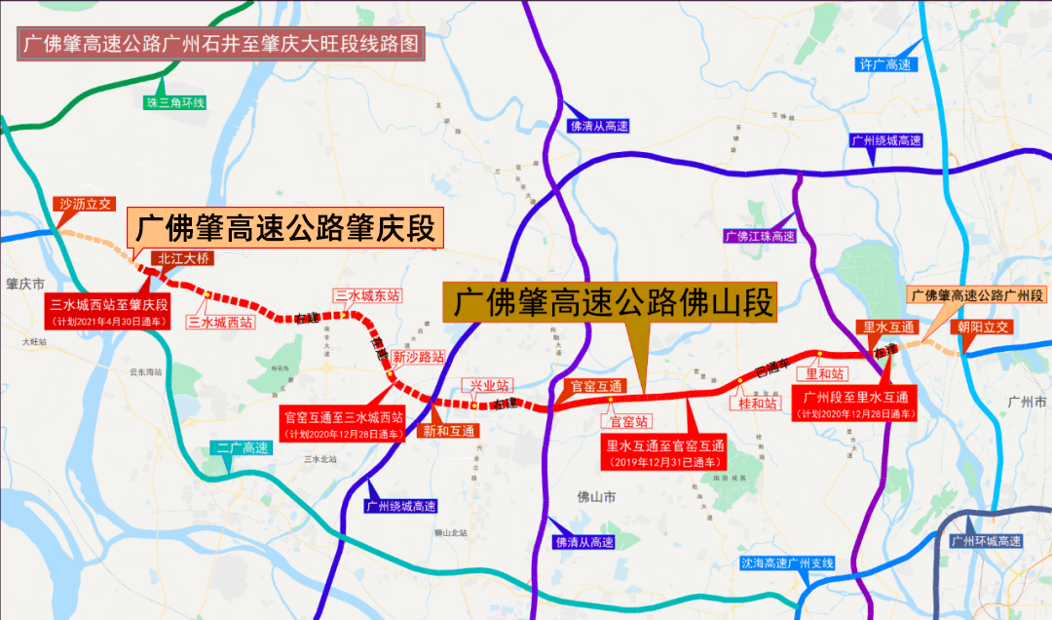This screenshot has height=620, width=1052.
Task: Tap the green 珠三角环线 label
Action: point(174,102)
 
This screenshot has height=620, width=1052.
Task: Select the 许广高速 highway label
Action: point(883,64)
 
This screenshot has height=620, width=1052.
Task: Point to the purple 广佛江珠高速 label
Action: point(760,236)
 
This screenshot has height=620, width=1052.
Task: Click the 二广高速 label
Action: point(243,448)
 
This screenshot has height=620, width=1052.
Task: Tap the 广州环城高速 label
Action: point(986,541)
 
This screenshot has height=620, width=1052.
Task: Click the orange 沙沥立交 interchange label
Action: point(86,205)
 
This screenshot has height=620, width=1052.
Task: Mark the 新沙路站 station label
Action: point(418,357)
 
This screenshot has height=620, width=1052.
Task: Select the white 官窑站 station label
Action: point(629,421)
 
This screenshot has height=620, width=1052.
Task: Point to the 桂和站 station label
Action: point(758,403)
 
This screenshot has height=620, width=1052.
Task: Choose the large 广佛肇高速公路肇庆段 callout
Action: point(284,230)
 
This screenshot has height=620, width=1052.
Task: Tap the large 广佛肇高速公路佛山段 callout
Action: point(611,302)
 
